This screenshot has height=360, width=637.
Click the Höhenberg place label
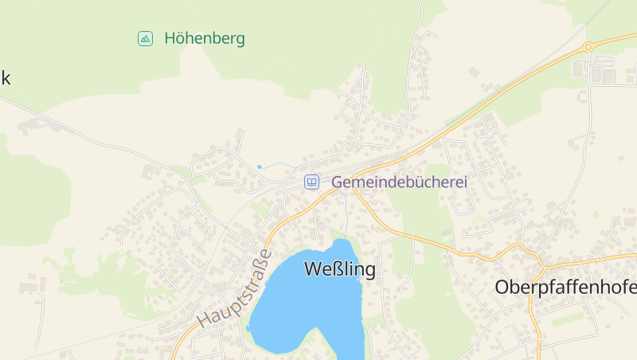coord(205,38)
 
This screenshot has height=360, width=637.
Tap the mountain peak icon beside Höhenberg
coord(145,38)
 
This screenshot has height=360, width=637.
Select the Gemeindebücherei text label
coord(399,182)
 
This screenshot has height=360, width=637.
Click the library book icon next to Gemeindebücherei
coord(312,182)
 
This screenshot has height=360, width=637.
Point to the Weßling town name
coord(340,270)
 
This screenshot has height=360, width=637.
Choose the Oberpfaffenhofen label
coord(565,287)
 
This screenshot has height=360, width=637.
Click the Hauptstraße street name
coord(235,288)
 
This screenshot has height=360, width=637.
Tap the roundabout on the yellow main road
coord(588,47)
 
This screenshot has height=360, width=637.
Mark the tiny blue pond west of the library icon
coord(259,166)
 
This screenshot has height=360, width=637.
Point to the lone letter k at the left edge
coord(5,78)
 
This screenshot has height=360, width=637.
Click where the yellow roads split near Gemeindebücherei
coord(355,190)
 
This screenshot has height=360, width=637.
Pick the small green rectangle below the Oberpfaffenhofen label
coord(567,319)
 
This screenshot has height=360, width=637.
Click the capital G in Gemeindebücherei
coord(338,182)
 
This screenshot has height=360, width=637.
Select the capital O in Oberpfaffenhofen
coord(502,287)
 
